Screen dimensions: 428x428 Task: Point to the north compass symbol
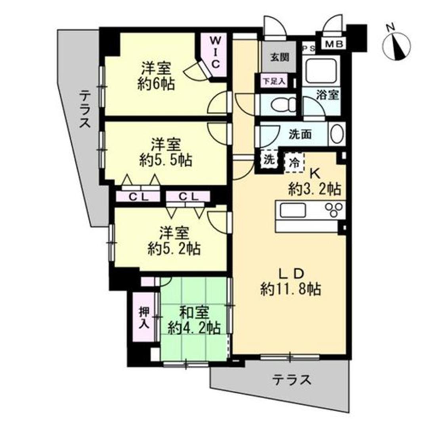pyautogui.click(x=397, y=43)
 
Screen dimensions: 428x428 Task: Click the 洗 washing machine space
pyautogui.click(x=269, y=160)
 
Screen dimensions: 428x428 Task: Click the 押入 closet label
pyautogui.click(x=144, y=317)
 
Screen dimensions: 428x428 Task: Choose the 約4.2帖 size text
pyautogui.click(x=194, y=328)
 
